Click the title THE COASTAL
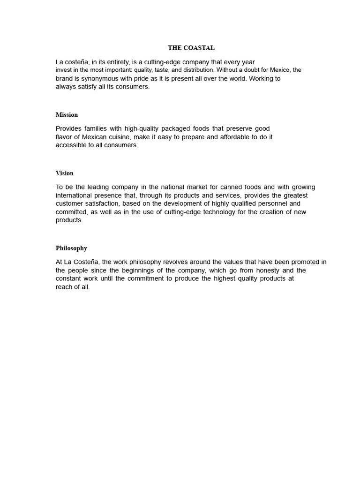coord(191,48)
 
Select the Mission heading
coord(67,115)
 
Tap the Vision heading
coord(65,173)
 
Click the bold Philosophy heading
coord(71,248)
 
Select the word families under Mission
coord(95,128)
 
